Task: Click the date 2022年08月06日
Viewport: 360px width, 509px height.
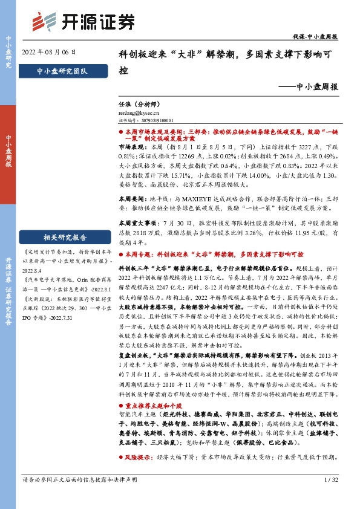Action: (x=49, y=52)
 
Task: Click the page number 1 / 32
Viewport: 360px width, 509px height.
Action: (x=330, y=497)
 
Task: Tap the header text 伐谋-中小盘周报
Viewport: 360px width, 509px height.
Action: (x=319, y=37)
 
